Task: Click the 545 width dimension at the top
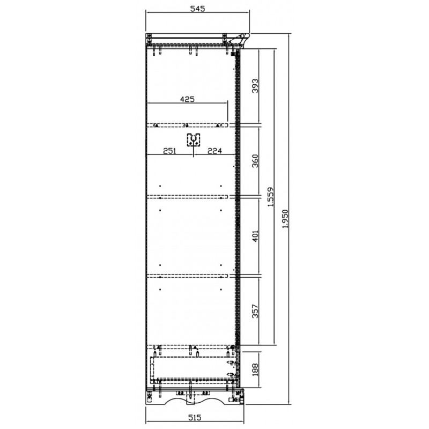[197, 9]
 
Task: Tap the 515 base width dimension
[195, 418]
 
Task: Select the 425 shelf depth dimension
[187, 99]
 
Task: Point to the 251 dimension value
[169, 151]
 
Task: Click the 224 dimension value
[215, 151]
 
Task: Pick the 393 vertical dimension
[255, 86]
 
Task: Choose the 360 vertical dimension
[255, 161]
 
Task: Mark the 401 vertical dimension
[255, 236]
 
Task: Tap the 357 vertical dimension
[255, 311]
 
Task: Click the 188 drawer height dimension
[255, 369]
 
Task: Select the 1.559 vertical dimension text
[270, 197]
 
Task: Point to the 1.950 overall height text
[285, 219]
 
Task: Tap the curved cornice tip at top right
[248, 35]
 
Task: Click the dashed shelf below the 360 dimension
[187, 197]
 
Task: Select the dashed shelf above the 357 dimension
[187, 276]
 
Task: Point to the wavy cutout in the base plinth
[195, 400]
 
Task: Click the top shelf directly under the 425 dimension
[187, 125]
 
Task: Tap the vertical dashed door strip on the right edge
[238, 197]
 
